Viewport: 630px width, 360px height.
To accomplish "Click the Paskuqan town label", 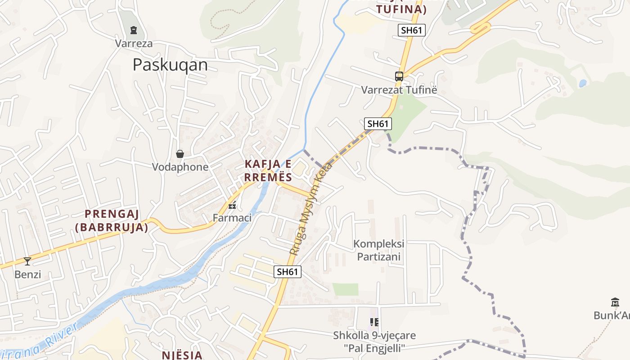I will pyautogui.click(x=170, y=65).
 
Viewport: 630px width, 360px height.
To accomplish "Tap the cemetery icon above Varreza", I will pyautogui.click(x=133, y=30).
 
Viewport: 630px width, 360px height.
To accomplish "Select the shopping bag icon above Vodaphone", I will pyautogui.click(x=180, y=154).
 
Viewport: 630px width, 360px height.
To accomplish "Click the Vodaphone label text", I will pyautogui.click(x=180, y=167).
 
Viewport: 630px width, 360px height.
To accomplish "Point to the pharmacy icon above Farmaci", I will pyautogui.click(x=232, y=206).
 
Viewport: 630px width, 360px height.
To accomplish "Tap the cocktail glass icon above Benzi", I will pyautogui.click(x=27, y=261).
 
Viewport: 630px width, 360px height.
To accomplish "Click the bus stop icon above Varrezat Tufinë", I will pyautogui.click(x=399, y=76).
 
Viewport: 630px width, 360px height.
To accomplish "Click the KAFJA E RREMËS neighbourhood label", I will pyautogui.click(x=268, y=170).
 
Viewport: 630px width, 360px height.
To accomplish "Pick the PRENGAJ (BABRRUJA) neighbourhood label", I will pyautogui.click(x=112, y=220).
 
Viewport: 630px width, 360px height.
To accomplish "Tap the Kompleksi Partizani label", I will pyautogui.click(x=378, y=250).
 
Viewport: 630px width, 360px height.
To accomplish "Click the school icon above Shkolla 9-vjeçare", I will pyautogui.click(x=374, y=322).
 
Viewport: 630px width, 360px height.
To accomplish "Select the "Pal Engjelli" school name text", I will pyautogui.click(x=374, y=348).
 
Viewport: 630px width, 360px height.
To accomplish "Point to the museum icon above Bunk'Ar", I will pyautogui.click(x=615, y=302).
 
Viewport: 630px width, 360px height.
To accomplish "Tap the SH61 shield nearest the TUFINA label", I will pyautogui.click(x=411, y=30).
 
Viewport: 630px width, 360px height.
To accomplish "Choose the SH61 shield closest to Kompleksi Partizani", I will pyautogui.click(x=287, y=271).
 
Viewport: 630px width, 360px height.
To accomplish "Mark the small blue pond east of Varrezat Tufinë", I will pyautogui.click(x=583, y=83).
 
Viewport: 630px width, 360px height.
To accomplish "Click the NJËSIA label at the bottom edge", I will pyautogui.click(x=182, y=355).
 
